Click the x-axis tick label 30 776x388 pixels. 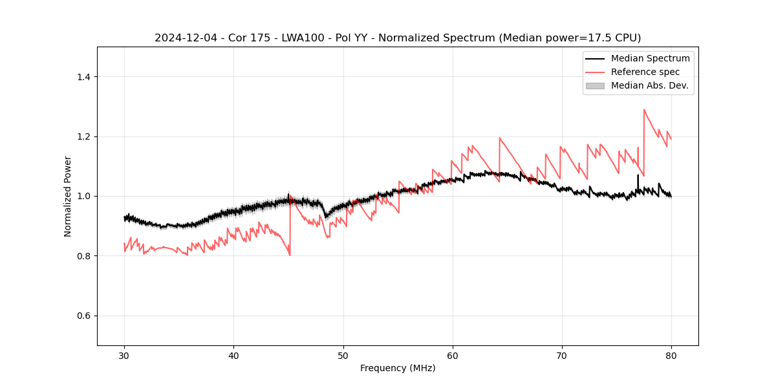coord(124,355)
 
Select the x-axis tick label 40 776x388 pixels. coord(233,355)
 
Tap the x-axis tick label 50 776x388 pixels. coord(343,355)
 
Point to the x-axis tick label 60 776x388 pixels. coord(453,355)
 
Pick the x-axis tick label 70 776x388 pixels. coord(562,355)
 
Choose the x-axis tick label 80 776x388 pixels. coord(671,355)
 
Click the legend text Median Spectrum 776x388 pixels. coord(650,58)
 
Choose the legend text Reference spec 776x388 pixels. coord(645,72)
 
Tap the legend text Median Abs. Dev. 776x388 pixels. coord(649,85)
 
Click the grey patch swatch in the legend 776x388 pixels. coord(595,85)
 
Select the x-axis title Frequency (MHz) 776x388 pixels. coord(398,368)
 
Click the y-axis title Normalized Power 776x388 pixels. coord(68,196)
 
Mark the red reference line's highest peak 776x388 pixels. coord(644,110)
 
